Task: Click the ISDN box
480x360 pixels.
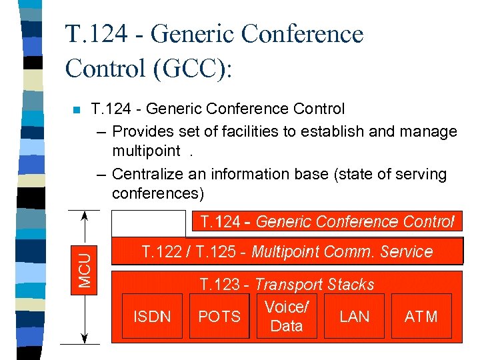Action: click(x=152, y=317)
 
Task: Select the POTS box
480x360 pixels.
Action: click(x=219, y=317)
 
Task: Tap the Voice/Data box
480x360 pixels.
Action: click(x=287, y=317)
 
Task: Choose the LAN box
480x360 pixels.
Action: click(x=354, y=317)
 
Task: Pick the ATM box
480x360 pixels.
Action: click(x=421, y=317)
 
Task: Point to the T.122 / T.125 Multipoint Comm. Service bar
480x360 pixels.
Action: click(x=287, y=252)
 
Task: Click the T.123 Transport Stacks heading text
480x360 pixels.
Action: click(x=287, y=285)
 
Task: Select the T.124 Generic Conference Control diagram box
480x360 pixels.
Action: click(x=323, y=222)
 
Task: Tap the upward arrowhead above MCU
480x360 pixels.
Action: click(x=85, y=215)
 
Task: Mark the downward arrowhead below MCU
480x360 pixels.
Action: click(x=85, y=339)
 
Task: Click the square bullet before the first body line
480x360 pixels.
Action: click(x=75, y=109)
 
